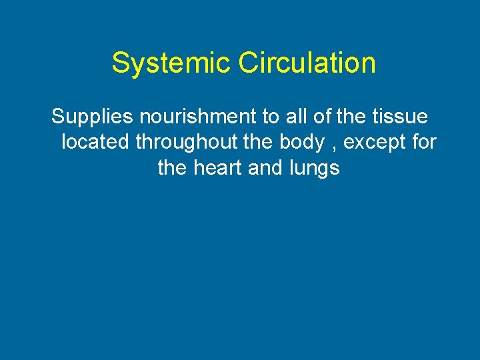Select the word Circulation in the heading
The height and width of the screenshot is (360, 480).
(x=307, y=64)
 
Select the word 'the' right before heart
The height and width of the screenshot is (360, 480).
(x=173, y=168)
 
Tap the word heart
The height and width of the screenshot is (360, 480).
(x=218, y=168)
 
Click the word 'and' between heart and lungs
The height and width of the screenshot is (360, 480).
(x=265, y=168)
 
